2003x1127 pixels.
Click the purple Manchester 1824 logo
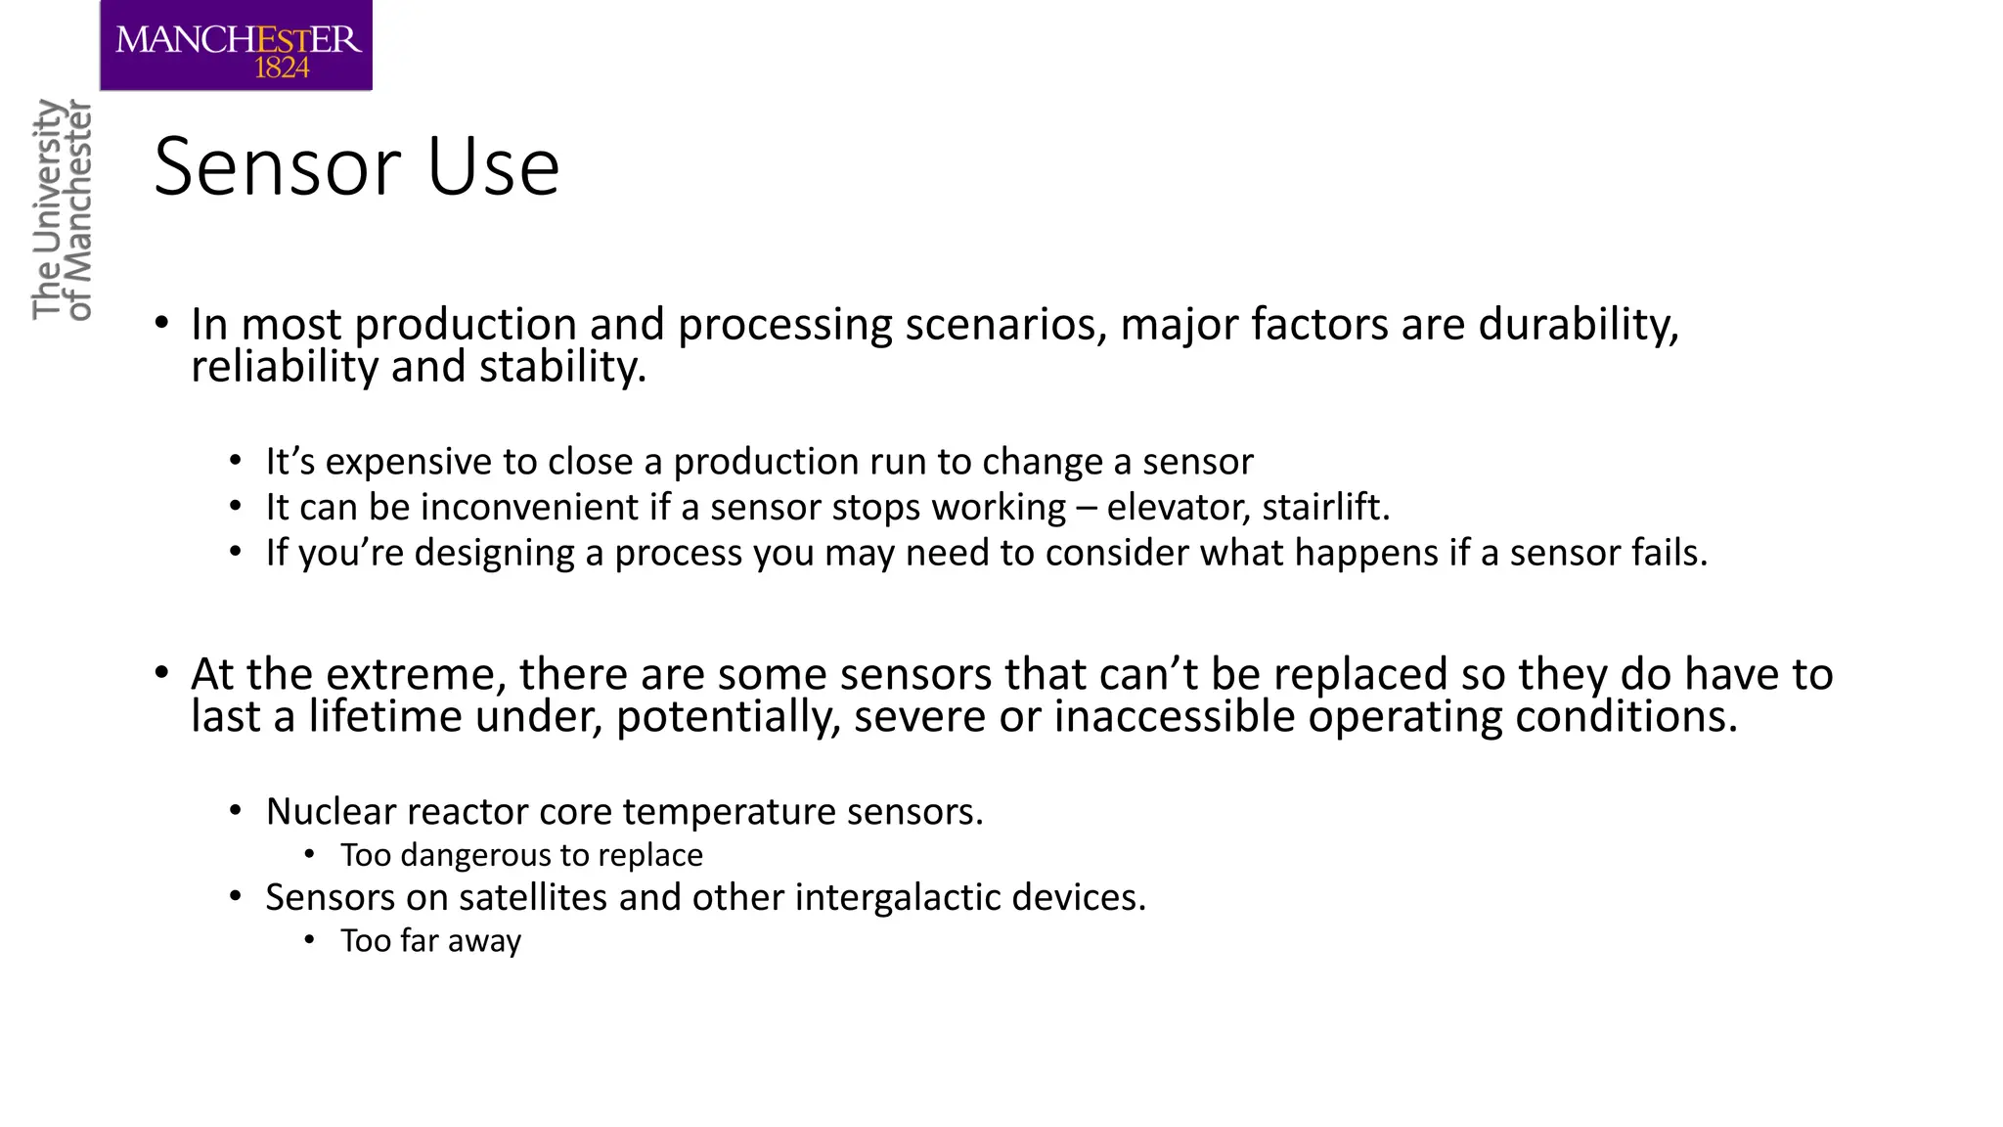point(236,45)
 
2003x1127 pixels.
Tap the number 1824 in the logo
point(282,68)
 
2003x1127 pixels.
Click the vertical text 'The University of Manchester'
point(62,209)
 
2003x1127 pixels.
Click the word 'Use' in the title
point(493,167)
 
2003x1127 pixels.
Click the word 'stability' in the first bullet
point(561,367)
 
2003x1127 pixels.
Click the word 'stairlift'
point(1324,508)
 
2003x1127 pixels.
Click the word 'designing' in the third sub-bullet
point(494,554)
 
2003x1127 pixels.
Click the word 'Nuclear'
point(331,812)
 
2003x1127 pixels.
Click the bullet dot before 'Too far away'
point(310,940)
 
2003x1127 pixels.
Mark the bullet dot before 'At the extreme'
point(162,673)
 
